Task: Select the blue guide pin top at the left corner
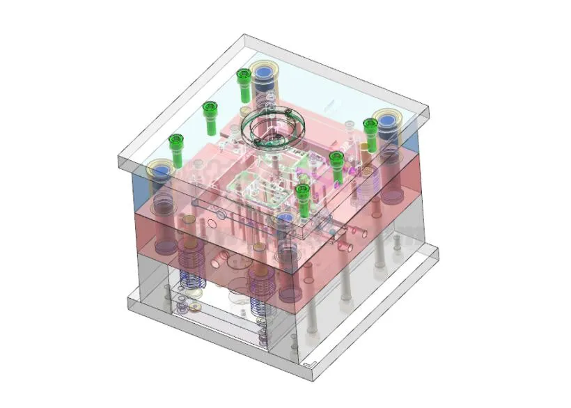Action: (161, 170)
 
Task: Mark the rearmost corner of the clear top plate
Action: (243, 36)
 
